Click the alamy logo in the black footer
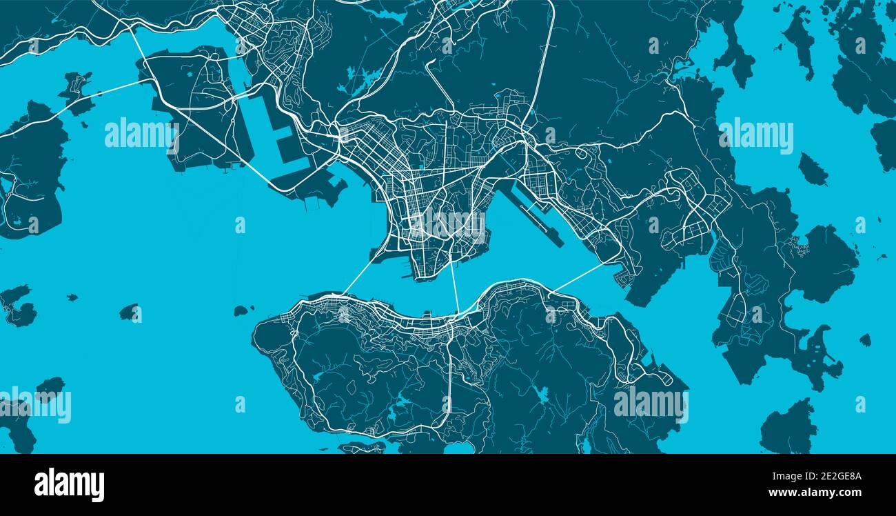coord(69,485)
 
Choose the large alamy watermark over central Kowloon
coord(449,223)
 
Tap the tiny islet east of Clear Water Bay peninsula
coord(864,340)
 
